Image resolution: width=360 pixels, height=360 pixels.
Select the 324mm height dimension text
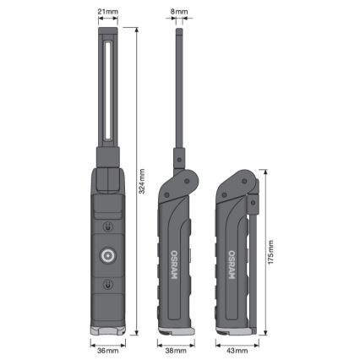[x=141, y=178]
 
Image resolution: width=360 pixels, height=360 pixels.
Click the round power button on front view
[x=107, y=255]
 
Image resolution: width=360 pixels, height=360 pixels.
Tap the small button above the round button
[x=107, y=226]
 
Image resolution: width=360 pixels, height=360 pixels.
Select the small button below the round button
[x=107, y=285]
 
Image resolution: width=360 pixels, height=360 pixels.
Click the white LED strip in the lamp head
[x=107, y=93]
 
